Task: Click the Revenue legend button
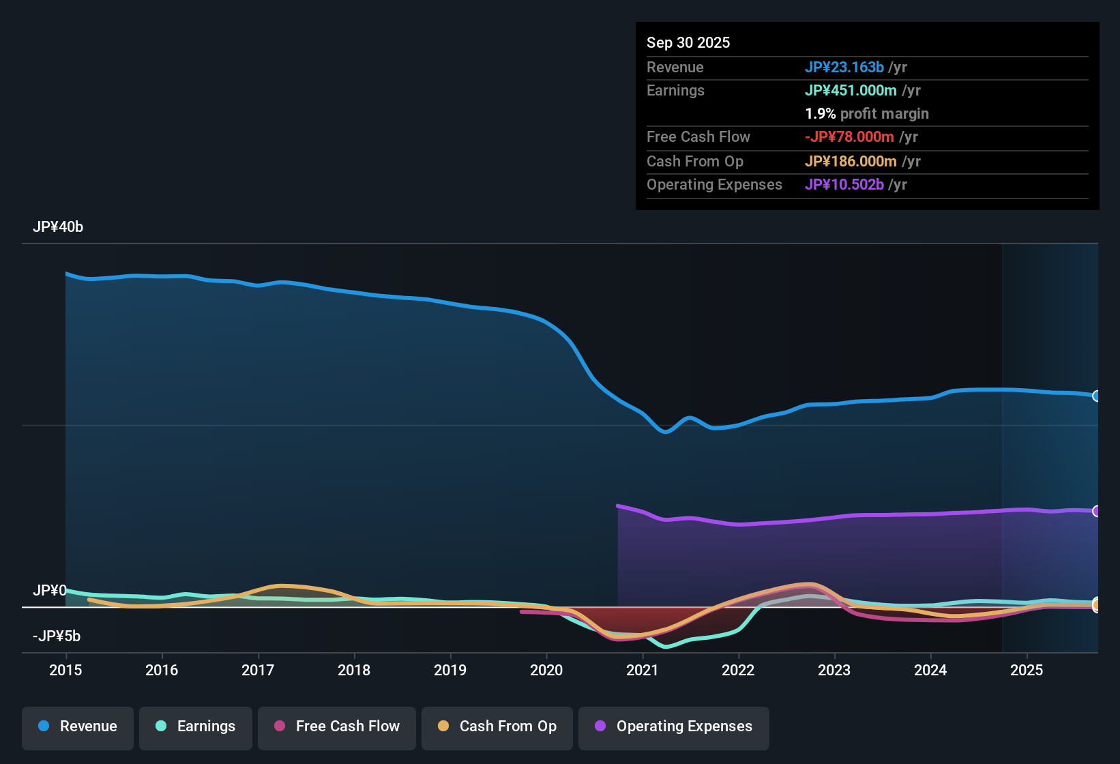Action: click(78, 726)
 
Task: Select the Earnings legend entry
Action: click(196, 726)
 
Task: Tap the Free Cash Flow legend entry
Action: click(337, 726)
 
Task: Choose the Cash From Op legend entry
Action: click(497, 726)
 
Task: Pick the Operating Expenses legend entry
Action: click(674, 726)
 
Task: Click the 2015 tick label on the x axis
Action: click(65, 671)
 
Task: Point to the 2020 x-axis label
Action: click(546, 671)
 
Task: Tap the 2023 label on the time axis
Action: click(834, 671)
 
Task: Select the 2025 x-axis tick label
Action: click(1027, 671)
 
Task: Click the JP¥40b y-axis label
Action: click(58, 227)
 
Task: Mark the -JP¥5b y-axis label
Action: click(57, 636)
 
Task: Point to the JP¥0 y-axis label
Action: click(50, 591)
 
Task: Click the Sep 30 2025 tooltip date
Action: click(688, 43)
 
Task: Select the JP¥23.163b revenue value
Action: click(844, 68)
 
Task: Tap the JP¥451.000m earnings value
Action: click(851, 91)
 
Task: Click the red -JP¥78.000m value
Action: click(849, 137)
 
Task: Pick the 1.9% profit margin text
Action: click(867, 114)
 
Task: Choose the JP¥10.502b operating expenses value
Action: click(844, 185)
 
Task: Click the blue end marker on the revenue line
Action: click(1096, 396)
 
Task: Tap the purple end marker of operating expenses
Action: click(1096, 511)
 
